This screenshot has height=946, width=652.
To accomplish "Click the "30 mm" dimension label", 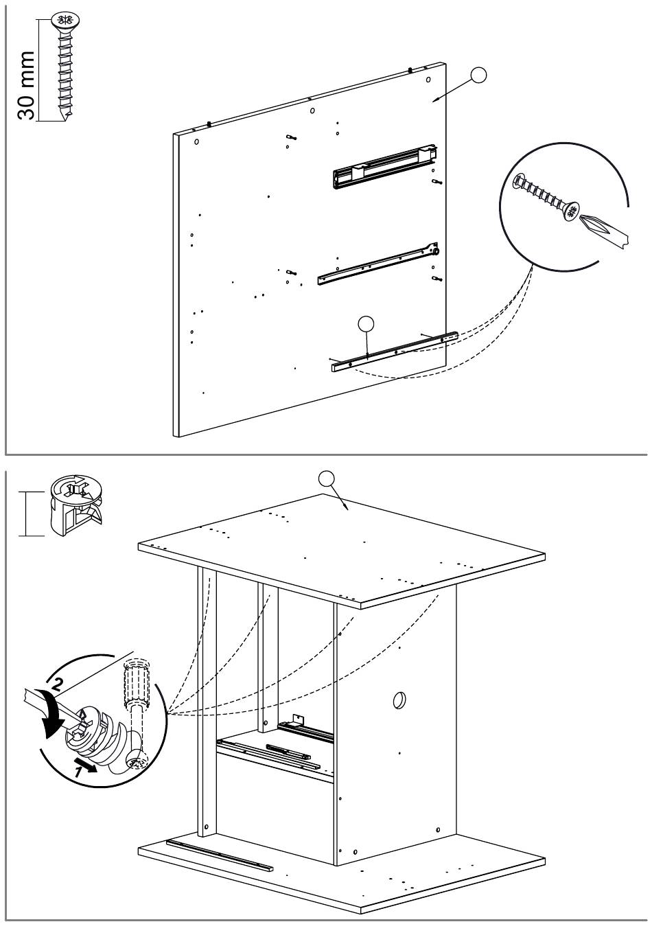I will pyautogui.click(x=26, y=85).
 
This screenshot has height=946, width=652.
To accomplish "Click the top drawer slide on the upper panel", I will pyautogui.click(x=381, y=167).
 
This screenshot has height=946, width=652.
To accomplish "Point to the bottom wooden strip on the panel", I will pyautogui.click(x=395, y=351).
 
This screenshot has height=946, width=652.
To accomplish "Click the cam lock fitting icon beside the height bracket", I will pyautogui.click(x=74, y=507).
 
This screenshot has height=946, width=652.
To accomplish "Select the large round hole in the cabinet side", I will pyautogui.click(x=399, y=701).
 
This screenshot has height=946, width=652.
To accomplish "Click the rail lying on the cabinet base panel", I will pyautogui.click(x=219, y=853).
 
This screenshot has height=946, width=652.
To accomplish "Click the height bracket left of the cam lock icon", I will pyautogui.click(x=25, y=513).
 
